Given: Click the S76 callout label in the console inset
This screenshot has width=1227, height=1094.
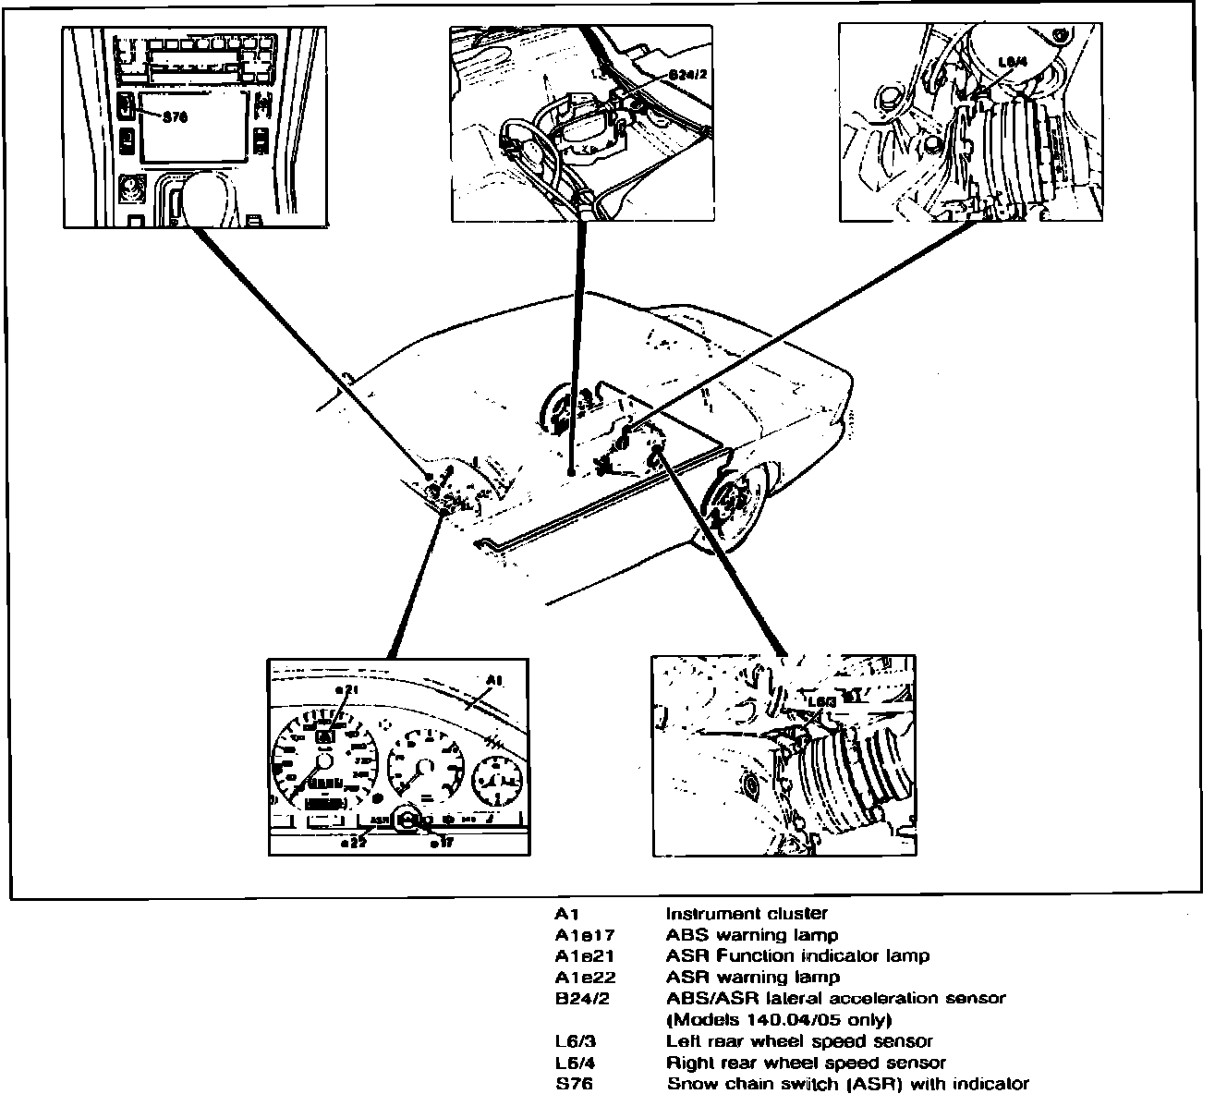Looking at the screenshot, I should (176, 117).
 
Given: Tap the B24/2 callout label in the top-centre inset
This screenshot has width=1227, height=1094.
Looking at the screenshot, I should (687, 74).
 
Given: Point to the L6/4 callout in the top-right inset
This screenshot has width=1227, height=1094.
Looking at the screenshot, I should (1014, 63).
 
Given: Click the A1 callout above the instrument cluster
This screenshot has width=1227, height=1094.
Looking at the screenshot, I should (494, 681).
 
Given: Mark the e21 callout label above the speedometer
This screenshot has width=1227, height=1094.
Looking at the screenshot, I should (346, 690).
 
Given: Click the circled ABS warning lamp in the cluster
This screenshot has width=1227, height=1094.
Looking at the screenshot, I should (407, 819).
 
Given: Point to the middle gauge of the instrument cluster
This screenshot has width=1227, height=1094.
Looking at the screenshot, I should (424, 764).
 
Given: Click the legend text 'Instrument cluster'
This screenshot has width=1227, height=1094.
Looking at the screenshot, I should (747, 914).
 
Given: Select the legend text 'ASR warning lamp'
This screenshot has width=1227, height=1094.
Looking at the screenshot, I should (752, 977).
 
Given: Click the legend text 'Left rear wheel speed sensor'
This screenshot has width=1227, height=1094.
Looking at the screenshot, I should (799, 1041).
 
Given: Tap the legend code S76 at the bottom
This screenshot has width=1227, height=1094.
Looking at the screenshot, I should (573, 1084).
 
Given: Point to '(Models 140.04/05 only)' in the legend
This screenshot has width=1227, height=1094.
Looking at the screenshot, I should (779, 1020).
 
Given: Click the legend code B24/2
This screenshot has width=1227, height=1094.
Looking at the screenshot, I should (582, 998).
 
